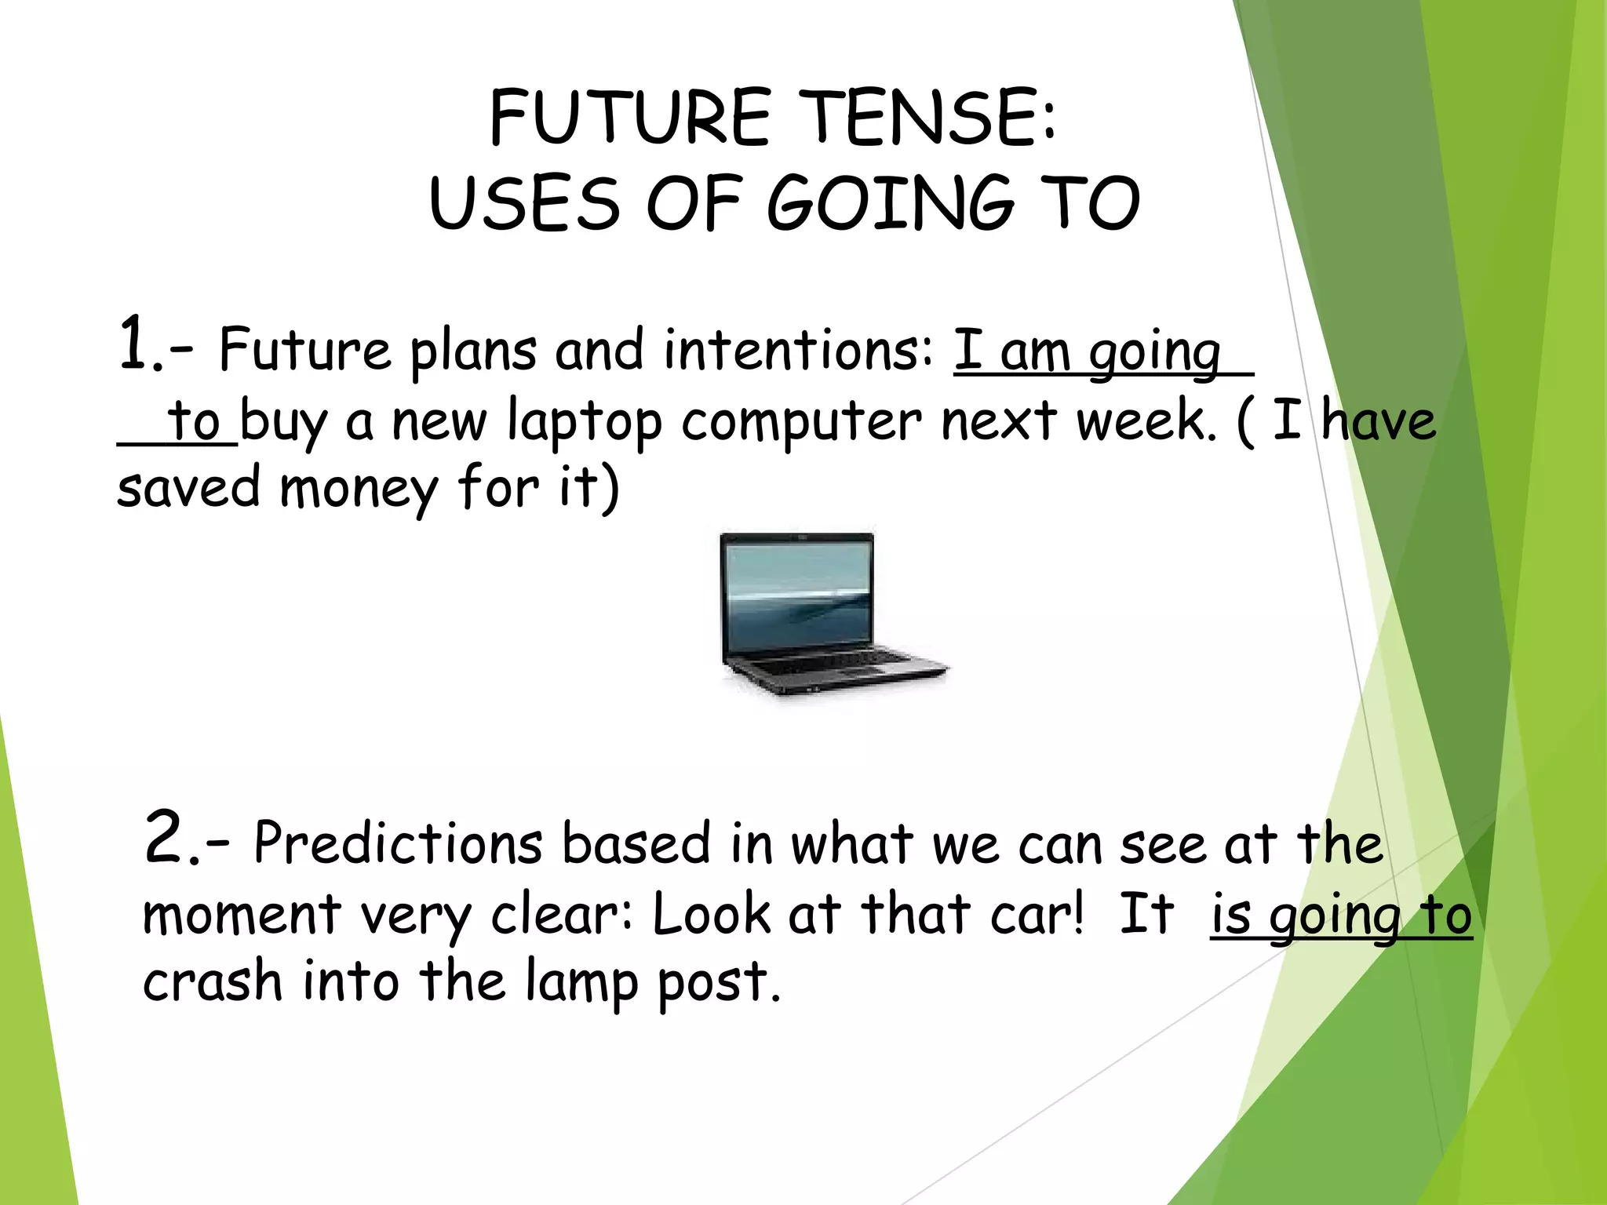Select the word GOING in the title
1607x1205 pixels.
(891, 204)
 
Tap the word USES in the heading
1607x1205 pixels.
(524, 204)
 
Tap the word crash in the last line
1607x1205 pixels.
(212, 983)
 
